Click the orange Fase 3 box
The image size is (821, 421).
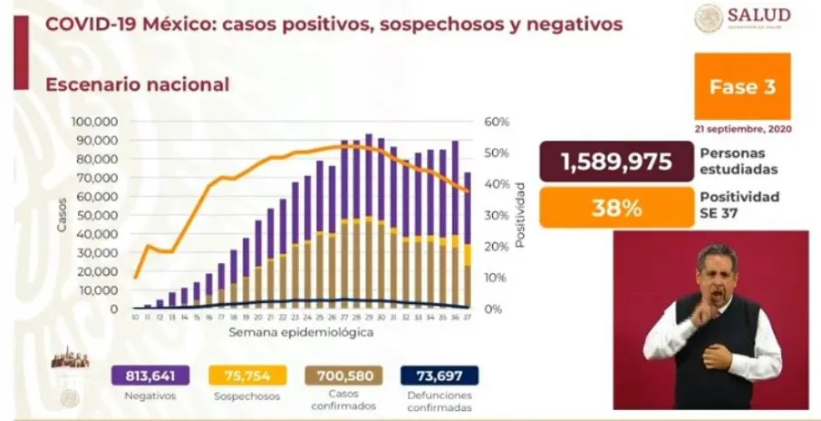pos(741,87)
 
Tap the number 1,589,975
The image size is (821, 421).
pos(616,162)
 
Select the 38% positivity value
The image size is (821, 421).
pos(616,208)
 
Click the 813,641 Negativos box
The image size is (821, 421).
pos(149,375)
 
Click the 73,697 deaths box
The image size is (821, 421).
pos(438,375)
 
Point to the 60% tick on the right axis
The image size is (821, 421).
pos(498,122)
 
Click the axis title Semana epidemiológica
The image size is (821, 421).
pos(300,332)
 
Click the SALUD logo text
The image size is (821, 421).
pos(758,15)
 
